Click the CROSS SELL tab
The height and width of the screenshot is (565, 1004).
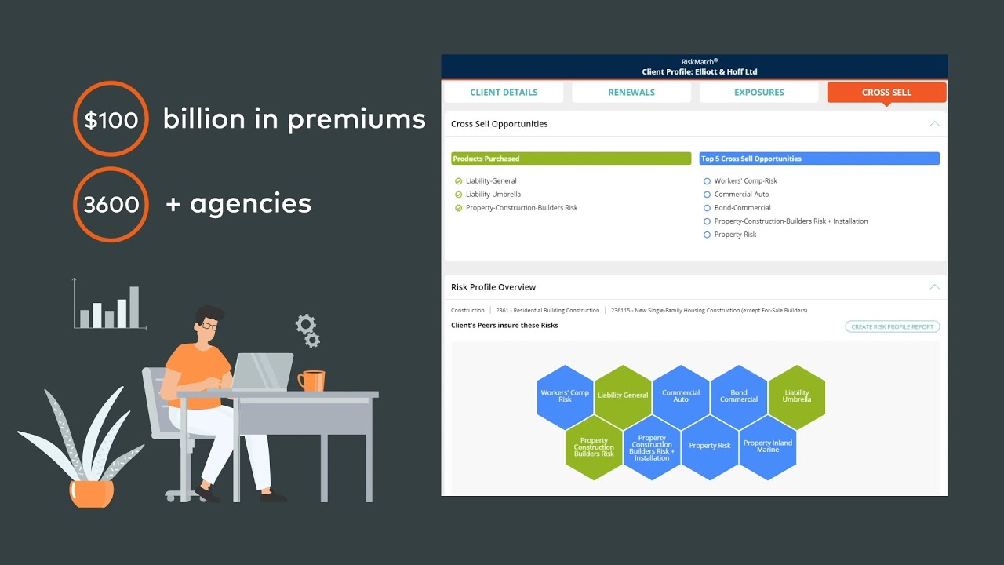tap(886, 93)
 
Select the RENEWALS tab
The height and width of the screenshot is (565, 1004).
tap(631, 93)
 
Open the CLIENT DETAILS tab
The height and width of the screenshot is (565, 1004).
tap(504, 93)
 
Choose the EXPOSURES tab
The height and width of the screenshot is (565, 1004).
tap(758, 93)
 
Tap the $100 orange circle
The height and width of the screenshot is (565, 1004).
tap(111, 120)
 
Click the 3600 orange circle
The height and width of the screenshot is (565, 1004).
tap(111, 204)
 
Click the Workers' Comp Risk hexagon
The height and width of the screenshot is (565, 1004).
tap(565, 396)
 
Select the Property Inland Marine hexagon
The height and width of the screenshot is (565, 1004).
tap(768, 447)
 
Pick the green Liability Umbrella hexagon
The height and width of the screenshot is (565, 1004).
tap(797, 396)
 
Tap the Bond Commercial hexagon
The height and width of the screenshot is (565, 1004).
tap(739, 396)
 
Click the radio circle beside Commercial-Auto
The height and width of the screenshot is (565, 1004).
tap(707, 195)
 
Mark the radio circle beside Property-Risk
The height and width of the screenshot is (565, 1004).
tap(707, 235)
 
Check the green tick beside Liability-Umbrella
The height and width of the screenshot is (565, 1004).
tap(459, 195)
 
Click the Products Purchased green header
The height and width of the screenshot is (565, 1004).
tap(571, 159)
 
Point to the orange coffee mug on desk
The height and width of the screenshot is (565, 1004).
tap(311, 381)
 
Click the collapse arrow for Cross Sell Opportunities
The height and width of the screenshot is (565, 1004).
tap(934, 124)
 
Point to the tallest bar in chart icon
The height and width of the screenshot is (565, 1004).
tap(134, 307)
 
